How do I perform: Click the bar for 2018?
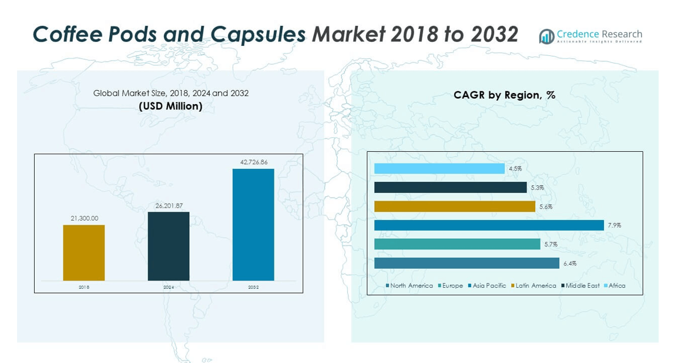click(x=84, y=252)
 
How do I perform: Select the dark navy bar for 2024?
click(x=169, y=246)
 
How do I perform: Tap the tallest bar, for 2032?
click(x=253, y=224)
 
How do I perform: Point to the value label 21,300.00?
click(x=84, y=218)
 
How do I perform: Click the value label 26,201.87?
click(x=169, y=205)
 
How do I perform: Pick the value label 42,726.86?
click(x=253, y=162)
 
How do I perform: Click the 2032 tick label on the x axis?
click(x=253, y=287)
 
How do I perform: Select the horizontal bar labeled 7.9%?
click(x=489, y=225)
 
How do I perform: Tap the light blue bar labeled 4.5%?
click(x=439, y=168)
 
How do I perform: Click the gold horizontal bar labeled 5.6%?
click(x=455, y=207)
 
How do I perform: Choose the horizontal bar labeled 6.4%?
click(x=467, y=263)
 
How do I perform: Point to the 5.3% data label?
click(x=537, y=188)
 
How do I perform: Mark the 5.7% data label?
click(x=551, y=244)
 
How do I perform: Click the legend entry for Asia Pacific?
click(x=489, y=285)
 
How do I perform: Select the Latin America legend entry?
click(x=535, y=285)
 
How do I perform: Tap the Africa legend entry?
click(x=616, y=285)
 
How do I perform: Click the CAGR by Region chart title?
click(x=504, y=95)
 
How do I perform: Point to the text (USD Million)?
click(x=170, y=106)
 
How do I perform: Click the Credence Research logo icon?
click(x=546, y=36)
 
